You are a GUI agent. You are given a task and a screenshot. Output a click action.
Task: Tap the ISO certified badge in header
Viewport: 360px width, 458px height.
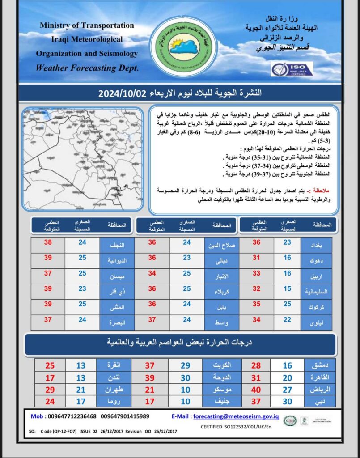click(292, 69)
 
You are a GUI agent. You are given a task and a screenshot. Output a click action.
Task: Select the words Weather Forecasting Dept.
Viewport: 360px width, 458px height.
click(87, 68)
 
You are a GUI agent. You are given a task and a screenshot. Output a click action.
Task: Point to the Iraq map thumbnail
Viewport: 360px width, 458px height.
click(83, 159)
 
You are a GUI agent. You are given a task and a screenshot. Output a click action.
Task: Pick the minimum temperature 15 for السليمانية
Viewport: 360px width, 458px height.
click(287, 292)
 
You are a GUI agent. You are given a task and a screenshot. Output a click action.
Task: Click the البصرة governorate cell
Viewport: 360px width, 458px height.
click(116, 322)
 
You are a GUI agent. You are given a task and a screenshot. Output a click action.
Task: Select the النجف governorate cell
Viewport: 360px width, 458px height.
click(116, 245)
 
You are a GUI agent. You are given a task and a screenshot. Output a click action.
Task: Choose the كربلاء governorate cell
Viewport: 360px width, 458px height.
click(221, 292)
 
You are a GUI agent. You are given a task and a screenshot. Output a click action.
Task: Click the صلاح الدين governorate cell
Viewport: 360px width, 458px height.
click(221, 245)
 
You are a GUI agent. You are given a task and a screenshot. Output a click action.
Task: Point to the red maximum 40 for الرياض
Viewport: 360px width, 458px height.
click(256, 390)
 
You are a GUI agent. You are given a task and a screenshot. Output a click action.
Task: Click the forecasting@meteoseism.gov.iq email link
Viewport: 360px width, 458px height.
click(236, 416)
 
